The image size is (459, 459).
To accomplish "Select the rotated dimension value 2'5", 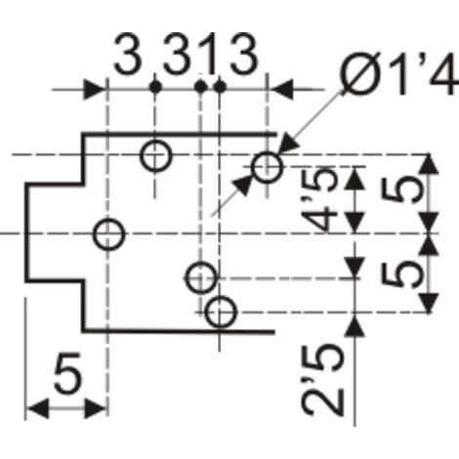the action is point(324,380).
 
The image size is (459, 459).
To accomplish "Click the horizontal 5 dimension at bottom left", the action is point(67,372).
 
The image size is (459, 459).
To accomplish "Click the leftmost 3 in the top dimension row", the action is point(128,53).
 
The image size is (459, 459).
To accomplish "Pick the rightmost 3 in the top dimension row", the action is point(243,53).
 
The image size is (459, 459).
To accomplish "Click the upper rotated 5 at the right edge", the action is point(403,189).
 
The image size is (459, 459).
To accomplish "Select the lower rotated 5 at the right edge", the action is point(403,274).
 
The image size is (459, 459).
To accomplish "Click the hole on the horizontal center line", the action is point(108,234).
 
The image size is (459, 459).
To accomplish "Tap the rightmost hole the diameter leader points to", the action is point(267,167).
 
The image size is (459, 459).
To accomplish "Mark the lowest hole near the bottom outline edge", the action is point(220,312).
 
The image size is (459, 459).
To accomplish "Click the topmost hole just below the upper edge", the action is point(155,156).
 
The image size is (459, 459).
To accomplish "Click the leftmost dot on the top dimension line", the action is point(155,87).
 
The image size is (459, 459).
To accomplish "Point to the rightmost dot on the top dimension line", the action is point(220,87).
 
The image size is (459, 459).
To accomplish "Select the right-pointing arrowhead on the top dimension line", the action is point(95,89).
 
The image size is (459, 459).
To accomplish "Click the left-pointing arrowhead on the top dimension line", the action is point(280,89).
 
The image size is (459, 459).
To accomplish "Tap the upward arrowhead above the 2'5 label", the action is point(355,325).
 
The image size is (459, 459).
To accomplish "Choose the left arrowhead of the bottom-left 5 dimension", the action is point(37,408).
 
